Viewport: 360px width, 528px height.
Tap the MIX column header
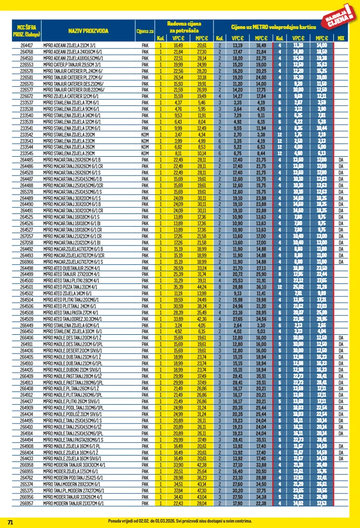341,37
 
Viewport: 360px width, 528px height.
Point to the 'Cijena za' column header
144,31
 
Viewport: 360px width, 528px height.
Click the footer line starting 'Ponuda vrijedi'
180,521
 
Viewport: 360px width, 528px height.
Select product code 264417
27,45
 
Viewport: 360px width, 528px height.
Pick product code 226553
27,64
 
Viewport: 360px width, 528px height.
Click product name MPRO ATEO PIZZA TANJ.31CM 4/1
72,286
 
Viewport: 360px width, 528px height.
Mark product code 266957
27,504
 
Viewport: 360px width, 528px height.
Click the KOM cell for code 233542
145,134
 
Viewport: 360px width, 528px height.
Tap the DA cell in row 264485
341,160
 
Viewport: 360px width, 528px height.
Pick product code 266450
27,331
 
